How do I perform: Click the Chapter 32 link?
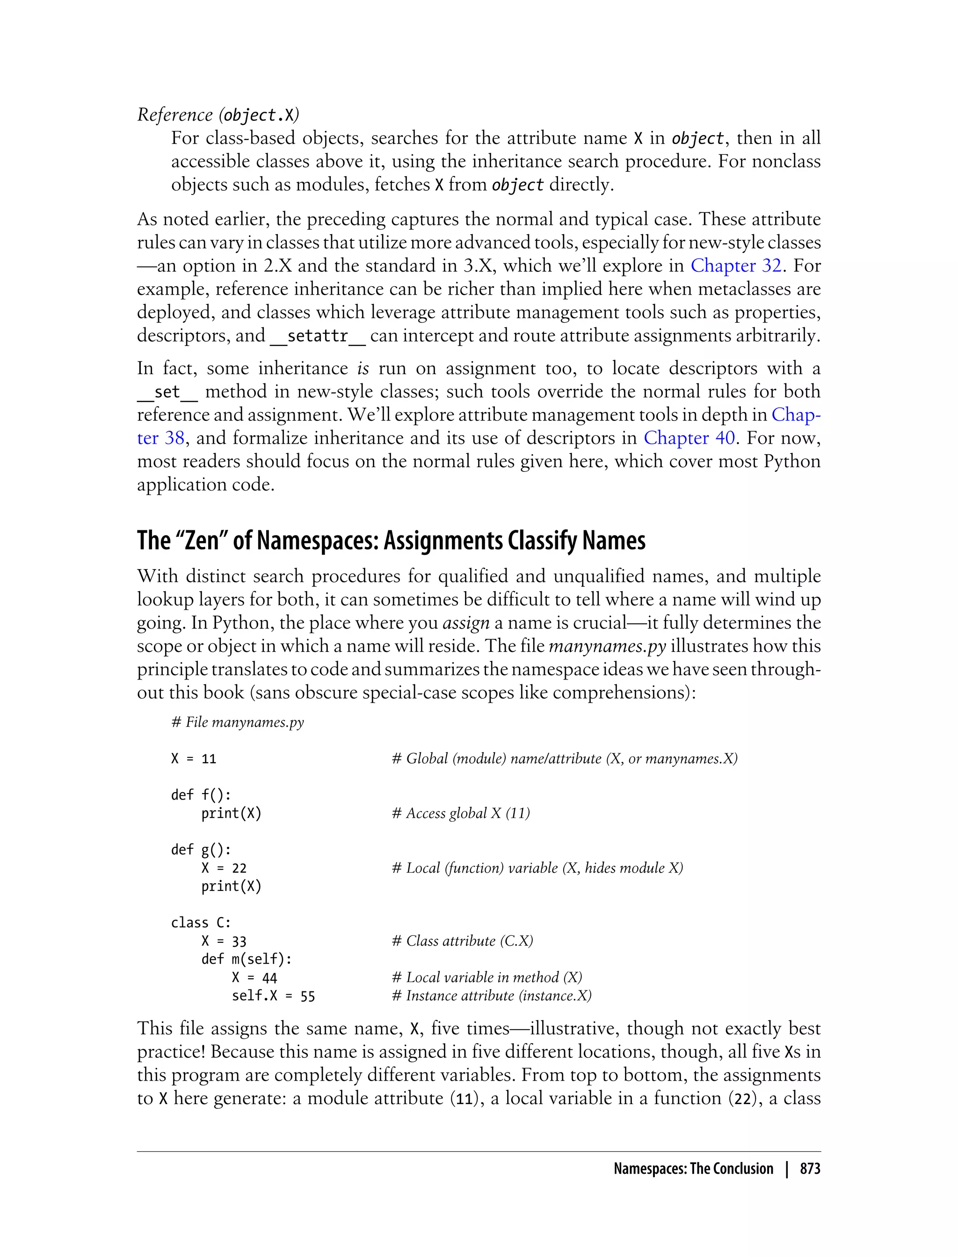point(736,266)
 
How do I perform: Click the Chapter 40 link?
point(689,438)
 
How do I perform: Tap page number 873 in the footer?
point(810,1169)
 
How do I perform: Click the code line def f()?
point(201,795)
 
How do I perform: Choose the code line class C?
point(201,922)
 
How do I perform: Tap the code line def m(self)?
point(247,959)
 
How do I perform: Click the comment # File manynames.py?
point(237,722)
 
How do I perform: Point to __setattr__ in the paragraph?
point(317,336)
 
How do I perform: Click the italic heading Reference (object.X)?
point(218,115)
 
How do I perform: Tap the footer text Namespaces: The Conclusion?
point(693,1169)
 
